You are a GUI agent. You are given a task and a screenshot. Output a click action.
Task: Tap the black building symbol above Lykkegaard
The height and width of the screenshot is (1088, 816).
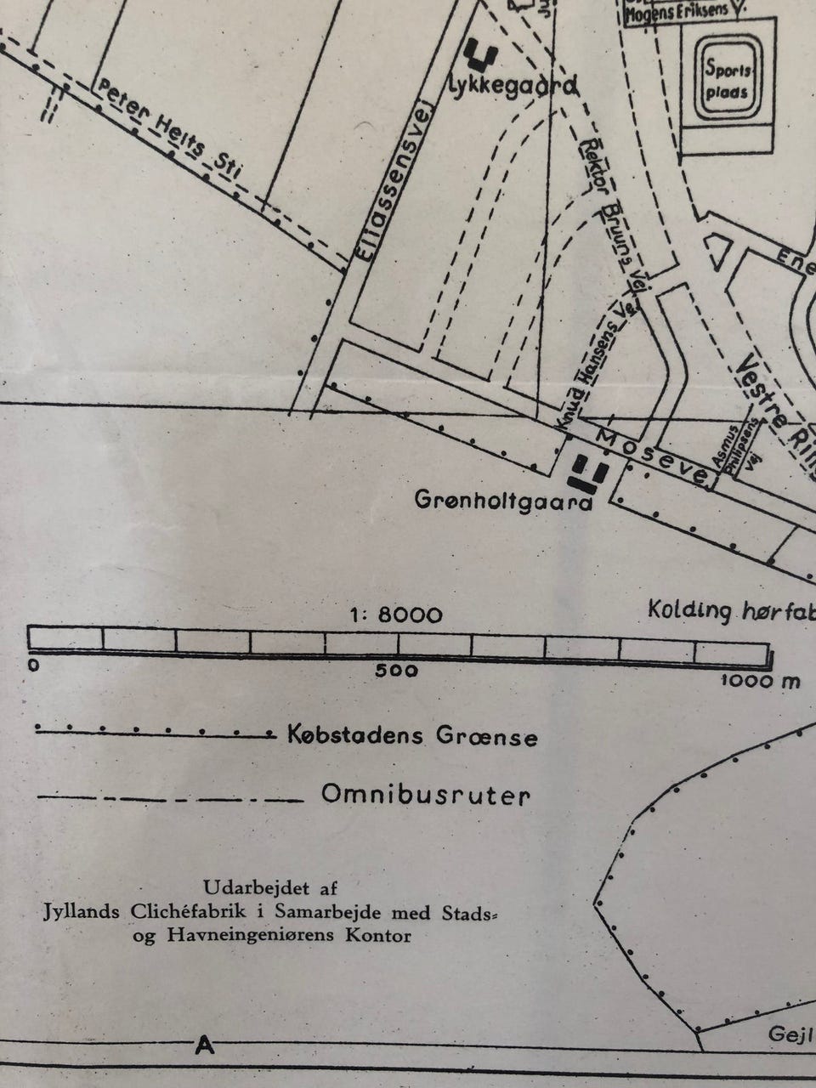pos(480,54)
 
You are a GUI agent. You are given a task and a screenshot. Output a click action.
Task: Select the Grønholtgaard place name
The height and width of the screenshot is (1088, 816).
pos(503,501)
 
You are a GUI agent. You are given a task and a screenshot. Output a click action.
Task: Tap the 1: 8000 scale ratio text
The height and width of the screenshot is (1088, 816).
pos(396,615)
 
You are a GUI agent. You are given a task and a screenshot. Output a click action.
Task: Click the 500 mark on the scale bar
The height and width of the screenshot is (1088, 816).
pos(396,671)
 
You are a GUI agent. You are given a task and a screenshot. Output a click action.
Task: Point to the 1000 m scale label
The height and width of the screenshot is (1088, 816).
pos(760,680)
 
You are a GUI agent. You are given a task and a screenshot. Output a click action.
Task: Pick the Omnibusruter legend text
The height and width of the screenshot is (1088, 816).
pos(426,796)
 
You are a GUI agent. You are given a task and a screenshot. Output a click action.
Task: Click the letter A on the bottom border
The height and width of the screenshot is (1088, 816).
pos(204,1044)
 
